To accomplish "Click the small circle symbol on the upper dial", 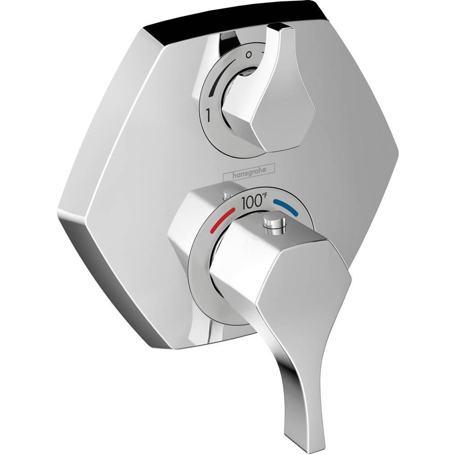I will pos(248,54).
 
